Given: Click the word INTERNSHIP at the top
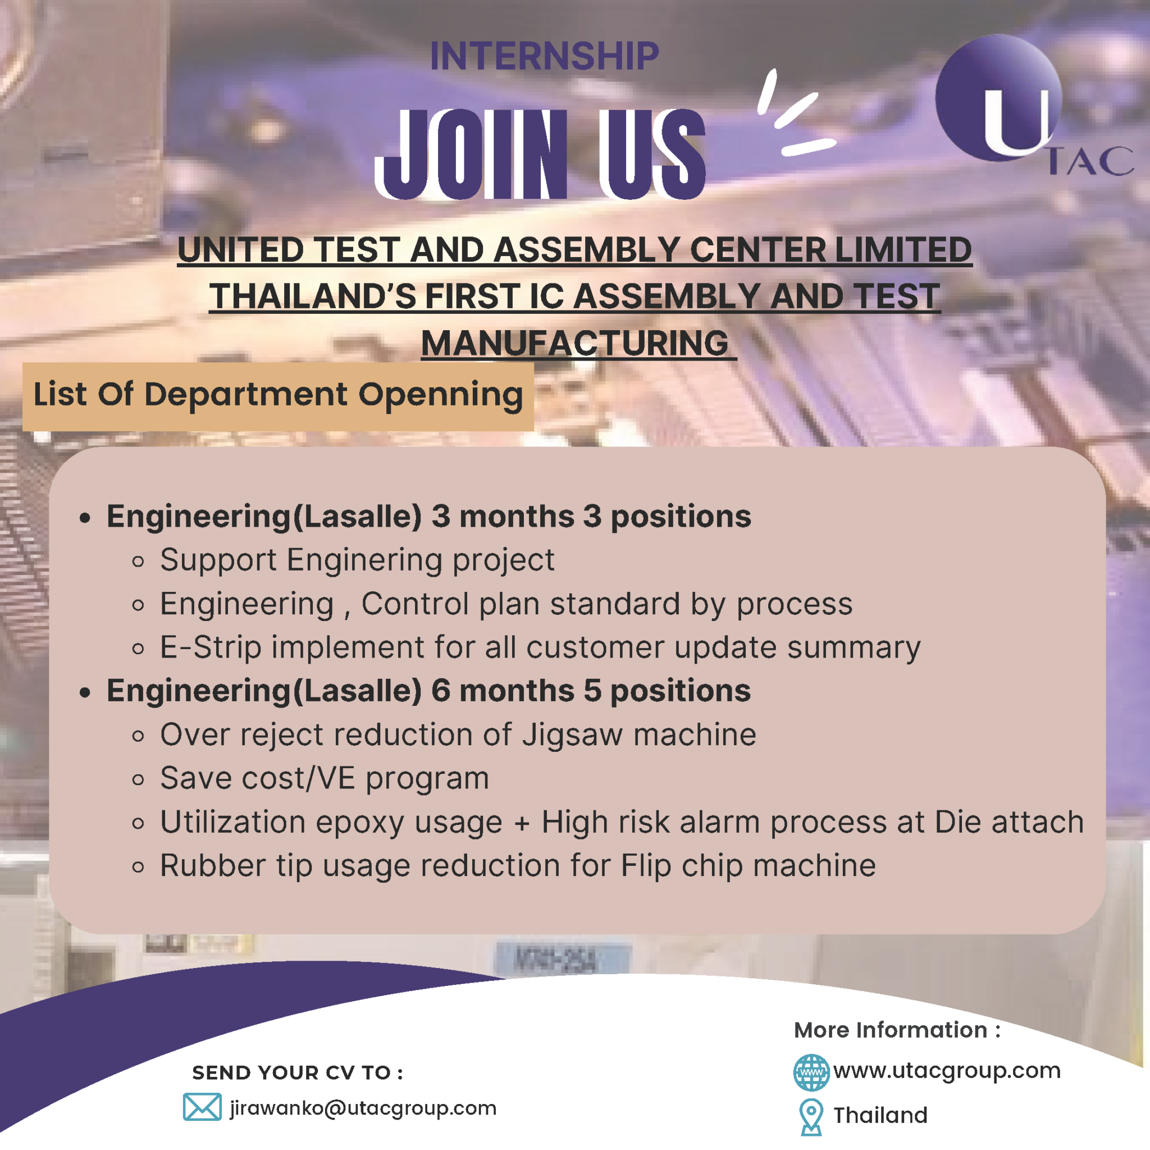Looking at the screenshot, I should tap(544, 57).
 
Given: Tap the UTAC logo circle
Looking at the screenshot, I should tap(998, 98).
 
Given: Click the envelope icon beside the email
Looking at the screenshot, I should tap(202, 1107).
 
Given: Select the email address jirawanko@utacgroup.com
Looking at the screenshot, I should tap(363, 1108).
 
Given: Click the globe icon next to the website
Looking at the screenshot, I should tap(811, 1072).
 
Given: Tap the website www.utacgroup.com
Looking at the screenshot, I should tap(946, 1071).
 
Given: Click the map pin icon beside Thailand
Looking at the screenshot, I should tap(811, 1117).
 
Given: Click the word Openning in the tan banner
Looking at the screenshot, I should tap(440, 395).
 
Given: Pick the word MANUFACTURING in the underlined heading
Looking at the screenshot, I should tap(575, 344).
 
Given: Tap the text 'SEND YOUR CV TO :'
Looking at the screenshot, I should tap(298, 1073).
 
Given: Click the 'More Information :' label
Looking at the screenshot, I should tap(897, 1030).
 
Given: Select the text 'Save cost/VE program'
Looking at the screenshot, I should tap(325, 779).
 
